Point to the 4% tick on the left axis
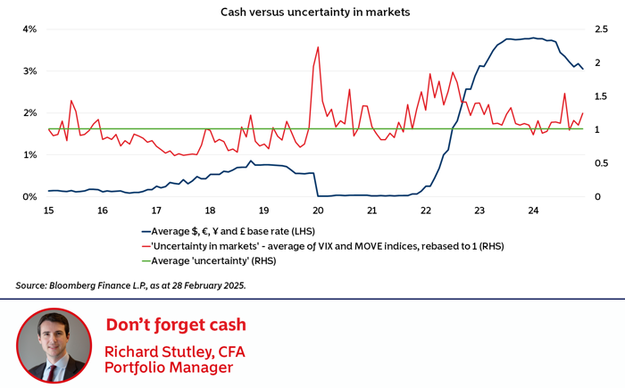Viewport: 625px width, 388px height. (29, 29)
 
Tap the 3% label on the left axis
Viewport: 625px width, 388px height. (29, 71)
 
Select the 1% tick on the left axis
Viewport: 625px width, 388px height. (29, 155)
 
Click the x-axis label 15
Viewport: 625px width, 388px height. (48, 211)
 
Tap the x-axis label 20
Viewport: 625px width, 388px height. (318, 211)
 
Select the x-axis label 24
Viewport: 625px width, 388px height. (533, 211)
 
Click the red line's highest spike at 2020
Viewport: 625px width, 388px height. (318, 47)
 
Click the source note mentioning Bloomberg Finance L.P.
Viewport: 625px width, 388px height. (130, 285)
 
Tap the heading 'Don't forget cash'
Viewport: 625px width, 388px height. (176, 325)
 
